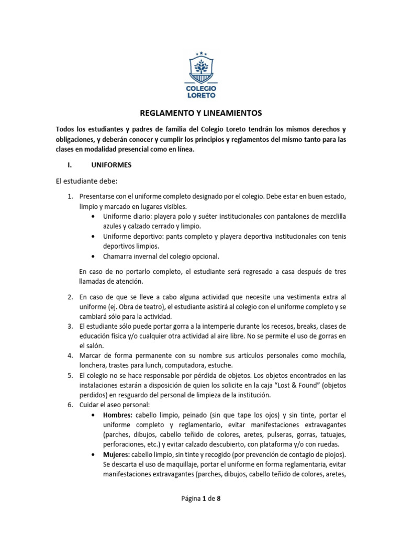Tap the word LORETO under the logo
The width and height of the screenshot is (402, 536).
pyautogui.click(x=201, y=95)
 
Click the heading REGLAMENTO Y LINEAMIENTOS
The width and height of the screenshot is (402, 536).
pyautogui.click(x=201, y=113)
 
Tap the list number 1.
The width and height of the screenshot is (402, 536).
pyautogui.click(x=70, y=196)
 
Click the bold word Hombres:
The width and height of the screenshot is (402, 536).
pyautogui.click(x=118, y=415)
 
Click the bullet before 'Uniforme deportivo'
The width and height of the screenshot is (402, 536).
pyautogui.click(x=93, y=237)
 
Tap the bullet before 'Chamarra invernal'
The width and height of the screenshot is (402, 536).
pyautogui.click(x=93, y=256)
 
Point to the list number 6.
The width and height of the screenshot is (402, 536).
pyautogui.click(x=70, y=405)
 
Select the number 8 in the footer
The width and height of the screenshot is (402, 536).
pyautogui.click(x=219, y=499)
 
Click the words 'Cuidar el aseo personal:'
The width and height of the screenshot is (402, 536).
pyautogui.click(x=115, y=405)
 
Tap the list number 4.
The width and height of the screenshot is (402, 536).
pyautogui.click(x=70, y=355)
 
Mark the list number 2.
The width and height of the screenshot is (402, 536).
pyautogui.click(x=70, y=296)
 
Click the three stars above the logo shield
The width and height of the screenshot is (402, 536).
pyautogui.click(x=202, y=53)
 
